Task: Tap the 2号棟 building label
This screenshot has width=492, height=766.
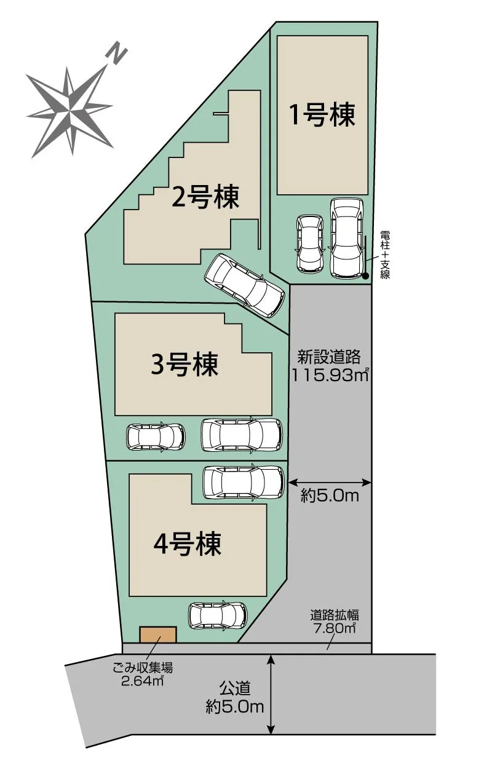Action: pyautogui.click(x=205, y=198)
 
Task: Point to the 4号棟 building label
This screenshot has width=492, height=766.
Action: pyautogui.click(x=188, y=543)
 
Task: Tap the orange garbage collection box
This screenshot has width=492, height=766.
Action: pyautogui.click(x=158, y=634)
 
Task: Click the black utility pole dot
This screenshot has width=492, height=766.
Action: pyautogui.click(x=365, y=276)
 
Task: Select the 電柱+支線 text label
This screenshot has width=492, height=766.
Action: pyautogui.click(x=385, y=255)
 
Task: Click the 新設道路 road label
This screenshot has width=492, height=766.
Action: pyautogui.click(x=329, y=357)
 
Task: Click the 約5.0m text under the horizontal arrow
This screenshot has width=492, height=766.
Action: pyautogui.click(x=330, y=496)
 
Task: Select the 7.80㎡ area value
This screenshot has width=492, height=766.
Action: pyautogui.click(x=334, y=628)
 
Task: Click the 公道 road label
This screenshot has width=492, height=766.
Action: pyautogui.click(x=234, y=688)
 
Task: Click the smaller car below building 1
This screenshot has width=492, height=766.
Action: pyautogui.click(x=309, y=244)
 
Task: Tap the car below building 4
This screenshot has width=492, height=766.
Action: pyautogui.click(x=218, y=614)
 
